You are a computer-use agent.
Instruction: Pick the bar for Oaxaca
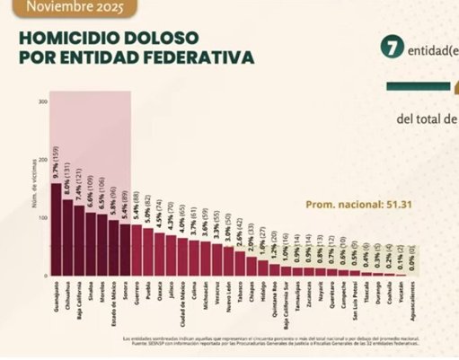160,254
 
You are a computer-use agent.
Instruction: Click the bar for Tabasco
239,264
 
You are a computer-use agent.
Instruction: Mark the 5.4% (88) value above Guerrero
137,205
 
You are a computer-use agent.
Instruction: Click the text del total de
427,118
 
